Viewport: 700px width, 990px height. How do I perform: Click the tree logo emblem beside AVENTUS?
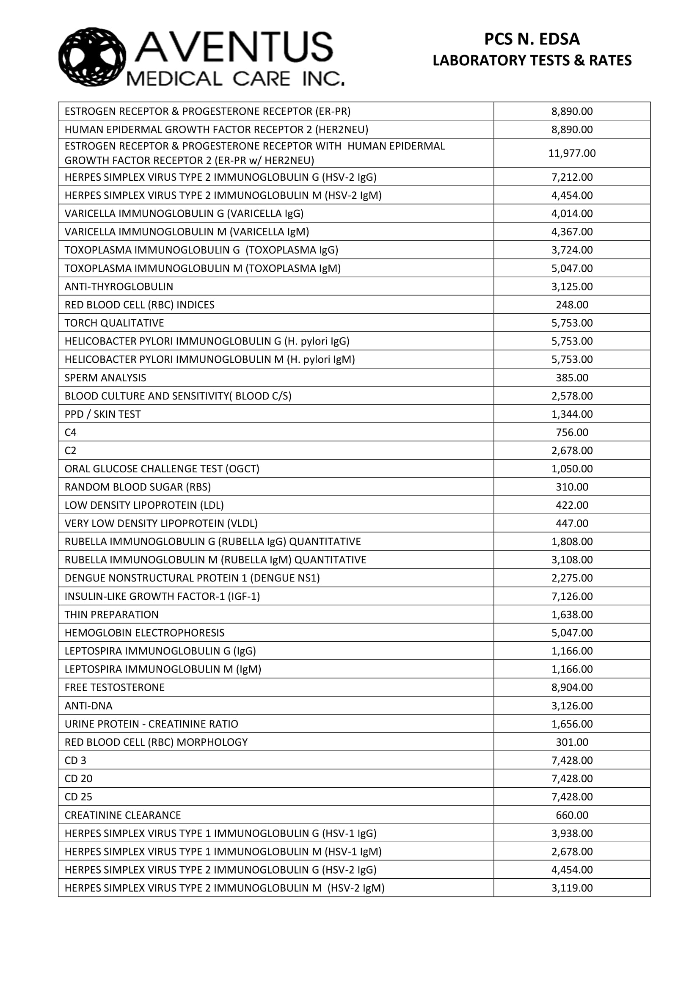pyautogui.click(x=92, y=57)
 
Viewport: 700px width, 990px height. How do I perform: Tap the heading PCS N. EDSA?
pyautogui.click(x=532, y=39)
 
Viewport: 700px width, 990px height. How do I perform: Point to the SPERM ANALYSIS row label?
pyautogui.click(x=105, y=378)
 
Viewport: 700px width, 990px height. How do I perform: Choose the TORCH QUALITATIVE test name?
pyautogui.click(x=114, y=323)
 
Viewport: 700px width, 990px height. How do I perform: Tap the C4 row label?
pyautogui.click(x=71, y=433)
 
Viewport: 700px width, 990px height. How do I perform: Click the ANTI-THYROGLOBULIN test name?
pyautogui.click(x=119, y=287)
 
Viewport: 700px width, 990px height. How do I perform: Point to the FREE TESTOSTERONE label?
pyautogui.click(x=114, y=687)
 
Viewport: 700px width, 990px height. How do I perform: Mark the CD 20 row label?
pyautogui.click(x=78, y=779)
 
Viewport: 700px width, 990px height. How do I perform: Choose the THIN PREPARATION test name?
pyautogui.click(x=111, y=615)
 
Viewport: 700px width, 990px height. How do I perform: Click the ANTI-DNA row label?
pyautogui.click(x=88, y=706)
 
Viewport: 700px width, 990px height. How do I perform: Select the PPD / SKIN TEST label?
pyautogui.click(x=102, y=414)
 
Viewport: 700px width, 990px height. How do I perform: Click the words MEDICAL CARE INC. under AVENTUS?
pyautogui.click(x=235, y=79)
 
